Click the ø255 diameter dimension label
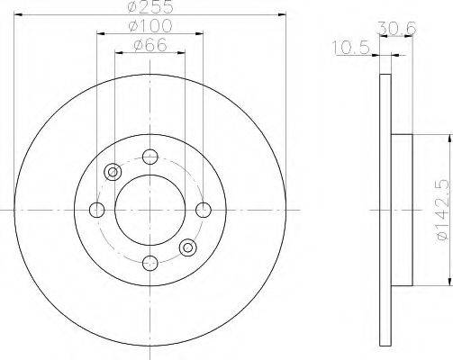pyautogui.click(x=150, y=7)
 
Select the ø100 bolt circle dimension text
pyautogui.click(x=150, y=26)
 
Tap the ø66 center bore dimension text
pyautogui.click(x=150, y=46)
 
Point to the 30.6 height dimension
pyautogui.click(x=397, y=29)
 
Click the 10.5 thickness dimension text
pyautogui.click(x=350, y=48)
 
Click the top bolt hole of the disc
pyautogui.click(x=150, y=157)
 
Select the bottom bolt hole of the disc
pyautogui.click(x=150, y=264)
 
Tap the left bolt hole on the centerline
pyautogui.click(x=97, y=210)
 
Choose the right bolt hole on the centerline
pyautogui.click(x=204, y=210)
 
